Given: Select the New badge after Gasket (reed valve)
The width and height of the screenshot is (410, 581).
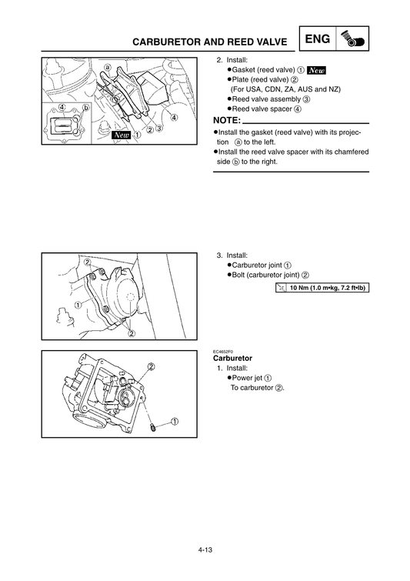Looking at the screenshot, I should tap(316, 70).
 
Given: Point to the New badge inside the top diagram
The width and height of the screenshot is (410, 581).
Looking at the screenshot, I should tap(121, 135).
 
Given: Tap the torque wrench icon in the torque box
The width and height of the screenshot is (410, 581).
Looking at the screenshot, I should tap(282, 288).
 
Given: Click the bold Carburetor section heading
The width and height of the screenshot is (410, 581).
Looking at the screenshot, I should tap(232, 359).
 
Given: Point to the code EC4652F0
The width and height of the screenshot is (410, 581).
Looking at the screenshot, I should tap(222, 352).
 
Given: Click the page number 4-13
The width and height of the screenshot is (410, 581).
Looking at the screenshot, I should tap(205, 549).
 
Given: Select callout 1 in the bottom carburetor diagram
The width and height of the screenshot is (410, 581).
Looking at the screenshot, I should tap(175, 422).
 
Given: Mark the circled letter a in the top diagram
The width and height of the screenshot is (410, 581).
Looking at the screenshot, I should tap(108, 67).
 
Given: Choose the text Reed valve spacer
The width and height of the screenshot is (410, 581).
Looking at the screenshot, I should tap(262, 109).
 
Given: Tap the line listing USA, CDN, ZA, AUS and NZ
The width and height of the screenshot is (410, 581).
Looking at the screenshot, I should tap(285, 89).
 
